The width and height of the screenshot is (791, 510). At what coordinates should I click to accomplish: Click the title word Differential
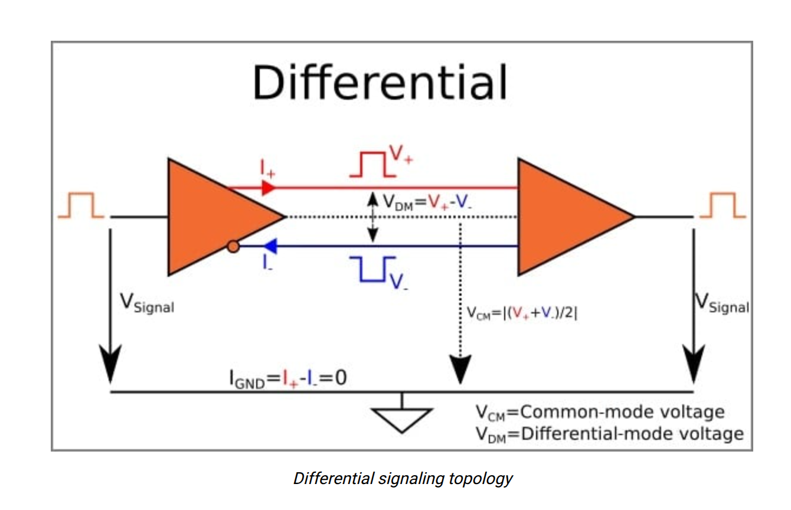(x=380, y=83)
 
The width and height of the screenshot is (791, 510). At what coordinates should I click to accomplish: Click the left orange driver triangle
(x=213, y=217)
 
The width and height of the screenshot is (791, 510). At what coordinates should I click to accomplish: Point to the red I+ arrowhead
(x=268, y=188)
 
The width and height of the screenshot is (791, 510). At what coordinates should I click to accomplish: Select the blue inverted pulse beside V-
(x=370, y=269)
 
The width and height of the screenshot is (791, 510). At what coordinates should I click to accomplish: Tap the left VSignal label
(x=147, y=303)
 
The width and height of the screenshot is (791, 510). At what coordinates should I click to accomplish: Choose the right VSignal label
(x=721, y=303)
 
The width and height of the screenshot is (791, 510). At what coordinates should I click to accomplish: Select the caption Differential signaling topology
(x=403, y=478)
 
